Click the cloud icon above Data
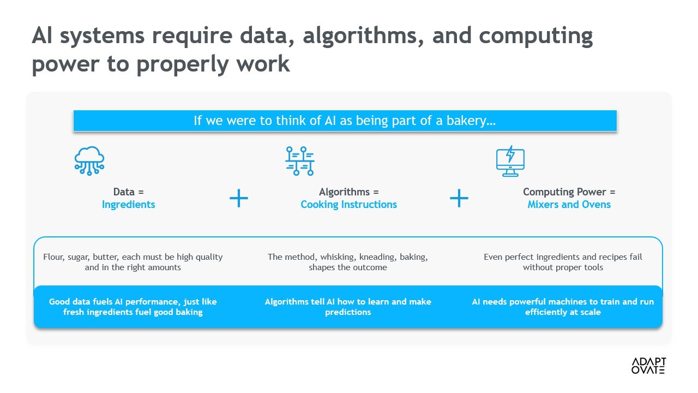point(89,161)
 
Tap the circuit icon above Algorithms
point(300,161)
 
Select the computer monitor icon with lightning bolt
point(510,161)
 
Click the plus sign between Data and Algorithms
point(239,198)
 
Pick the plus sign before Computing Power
point(459,198)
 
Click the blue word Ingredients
point(128,205)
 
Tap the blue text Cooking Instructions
point(348,205)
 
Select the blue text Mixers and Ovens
point(569,205)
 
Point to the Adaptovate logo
point(648,366)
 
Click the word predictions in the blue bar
point(348,312)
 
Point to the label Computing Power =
point(569,192)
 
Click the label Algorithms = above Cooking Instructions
point(348,192)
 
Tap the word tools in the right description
point(593,267)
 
